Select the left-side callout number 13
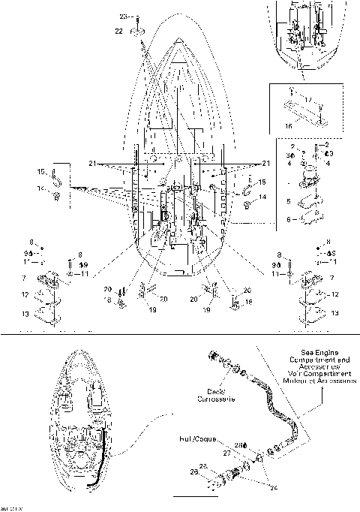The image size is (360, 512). [x=26, y=313]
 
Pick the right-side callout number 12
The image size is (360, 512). [x=334, y=294]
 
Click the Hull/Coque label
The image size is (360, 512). [x=194, y=436]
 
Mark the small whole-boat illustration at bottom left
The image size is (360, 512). [x=79, y=427]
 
